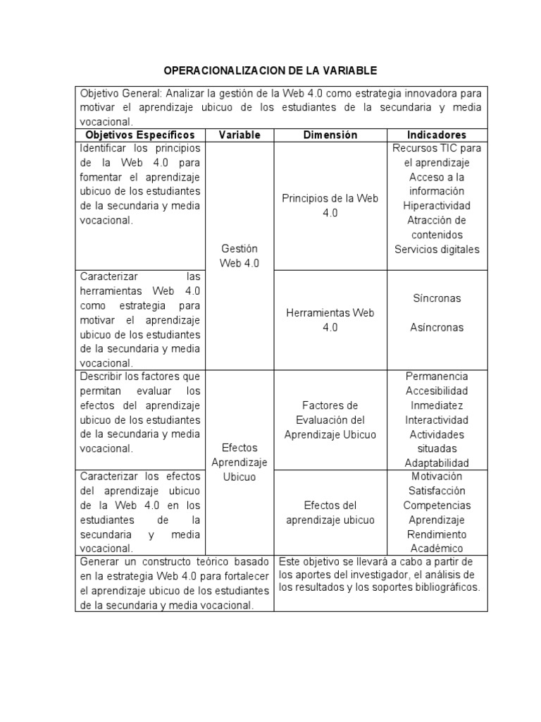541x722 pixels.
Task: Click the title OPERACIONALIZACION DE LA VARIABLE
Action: [270, 71]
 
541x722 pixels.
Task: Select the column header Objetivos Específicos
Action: [139, 135]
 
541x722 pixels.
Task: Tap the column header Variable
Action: [240, 135]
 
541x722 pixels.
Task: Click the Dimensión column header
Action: [330, 135]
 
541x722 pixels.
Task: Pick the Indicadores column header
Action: [436, 135]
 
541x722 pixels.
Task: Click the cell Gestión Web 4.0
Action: [240, 256]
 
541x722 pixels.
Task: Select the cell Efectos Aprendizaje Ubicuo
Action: [240, 462]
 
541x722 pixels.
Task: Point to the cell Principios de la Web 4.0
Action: [330, 205]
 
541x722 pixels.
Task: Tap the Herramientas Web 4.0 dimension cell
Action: [330, 319]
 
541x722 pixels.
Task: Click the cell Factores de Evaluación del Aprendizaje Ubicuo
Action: [330, 420]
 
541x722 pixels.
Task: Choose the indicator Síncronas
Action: [437, 298]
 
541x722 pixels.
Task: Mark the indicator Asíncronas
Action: [437, 327]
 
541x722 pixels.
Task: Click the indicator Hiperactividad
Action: [437, 205]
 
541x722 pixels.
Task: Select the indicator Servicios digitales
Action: [437, 249]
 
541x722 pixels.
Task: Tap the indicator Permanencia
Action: [437, 377]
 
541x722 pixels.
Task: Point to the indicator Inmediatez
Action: [437, 405]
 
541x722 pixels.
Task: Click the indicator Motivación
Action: [437, 477]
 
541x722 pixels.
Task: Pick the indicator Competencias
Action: [437, 506]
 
